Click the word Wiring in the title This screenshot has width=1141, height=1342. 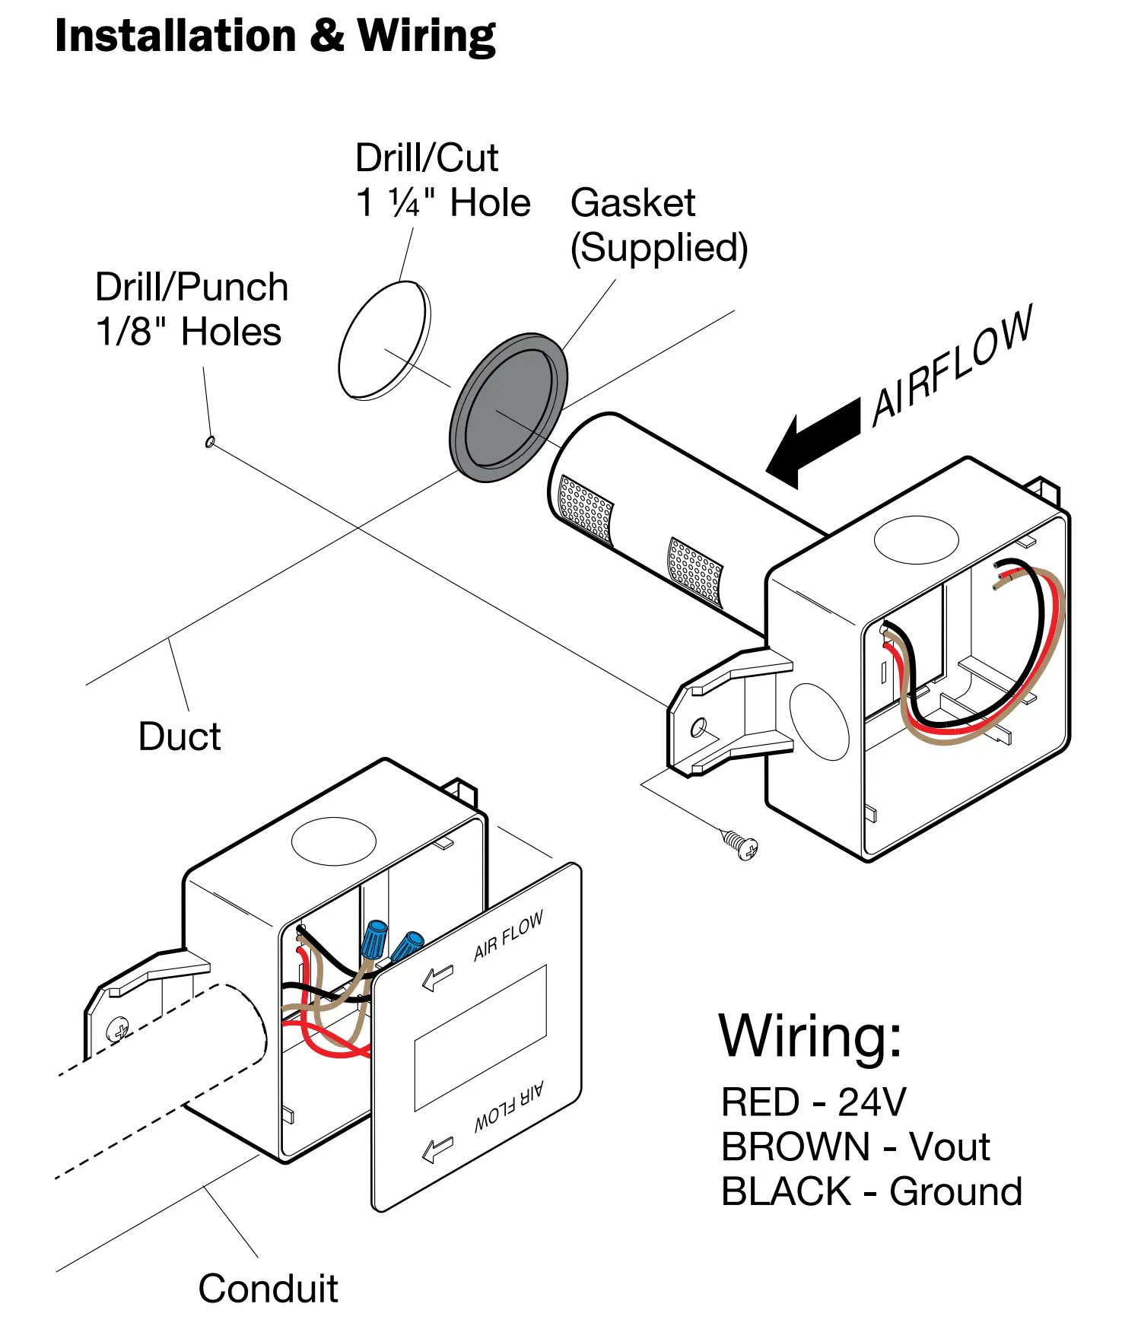pos(426,37)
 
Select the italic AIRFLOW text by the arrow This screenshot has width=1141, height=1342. pos(952,365)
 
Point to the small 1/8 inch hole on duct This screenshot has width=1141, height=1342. pos(211,441)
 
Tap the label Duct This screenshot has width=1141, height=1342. pos(180,736)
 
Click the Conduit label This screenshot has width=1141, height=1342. pos(268,1289)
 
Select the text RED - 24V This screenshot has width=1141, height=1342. pos(813,1102)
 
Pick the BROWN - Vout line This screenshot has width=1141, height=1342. pos(855,1146)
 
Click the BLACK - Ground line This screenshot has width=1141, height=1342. pos(871,1191)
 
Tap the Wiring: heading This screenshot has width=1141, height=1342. pos(810,1036)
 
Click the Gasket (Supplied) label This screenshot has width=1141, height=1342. pos(659,225)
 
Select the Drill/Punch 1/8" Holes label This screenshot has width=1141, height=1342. pos(191,310)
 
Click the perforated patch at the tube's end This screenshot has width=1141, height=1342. pos(585,507)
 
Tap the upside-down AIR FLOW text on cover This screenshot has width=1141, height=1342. pos(509,1108)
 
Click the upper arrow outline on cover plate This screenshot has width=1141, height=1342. pos(438,977)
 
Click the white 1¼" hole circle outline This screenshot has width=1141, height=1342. pos(384,340)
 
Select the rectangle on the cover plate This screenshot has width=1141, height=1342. pos(480,1038)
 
